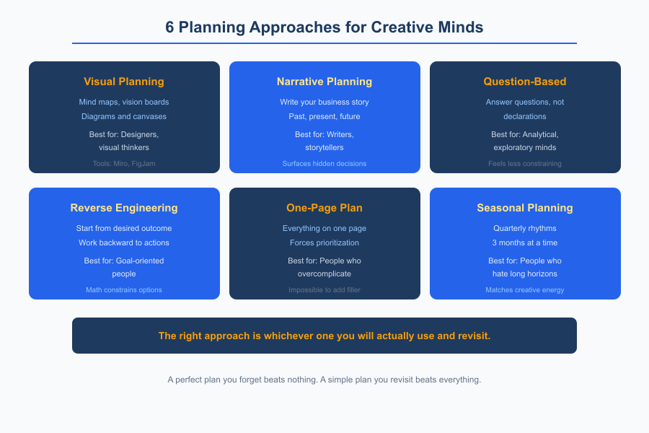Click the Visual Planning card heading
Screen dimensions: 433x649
click(124, 82)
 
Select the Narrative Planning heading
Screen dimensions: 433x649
click(324, 82)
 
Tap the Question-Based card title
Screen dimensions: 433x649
click(525, 82)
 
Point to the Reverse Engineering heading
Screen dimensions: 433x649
click(124, 208)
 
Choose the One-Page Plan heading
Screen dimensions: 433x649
click(324, 208)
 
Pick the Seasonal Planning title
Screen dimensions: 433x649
click(525, 208)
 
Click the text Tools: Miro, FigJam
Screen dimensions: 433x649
click(124, 164)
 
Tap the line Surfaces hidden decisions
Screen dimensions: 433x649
click(324, 164)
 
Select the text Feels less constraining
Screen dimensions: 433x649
click(525, 164)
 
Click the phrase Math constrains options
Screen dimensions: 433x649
click(124, 290)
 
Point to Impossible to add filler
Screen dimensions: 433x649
click(324, 290)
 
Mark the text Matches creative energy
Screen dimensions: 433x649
click(525, 290)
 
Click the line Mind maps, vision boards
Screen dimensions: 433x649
click(124, 102)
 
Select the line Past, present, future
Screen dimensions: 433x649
click(324, 116)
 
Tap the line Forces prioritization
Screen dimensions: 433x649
click(324, 242)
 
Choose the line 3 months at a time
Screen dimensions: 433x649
click(525, 242)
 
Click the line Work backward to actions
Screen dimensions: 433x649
click(124, 242)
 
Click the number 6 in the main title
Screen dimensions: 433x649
click(169, 27)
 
